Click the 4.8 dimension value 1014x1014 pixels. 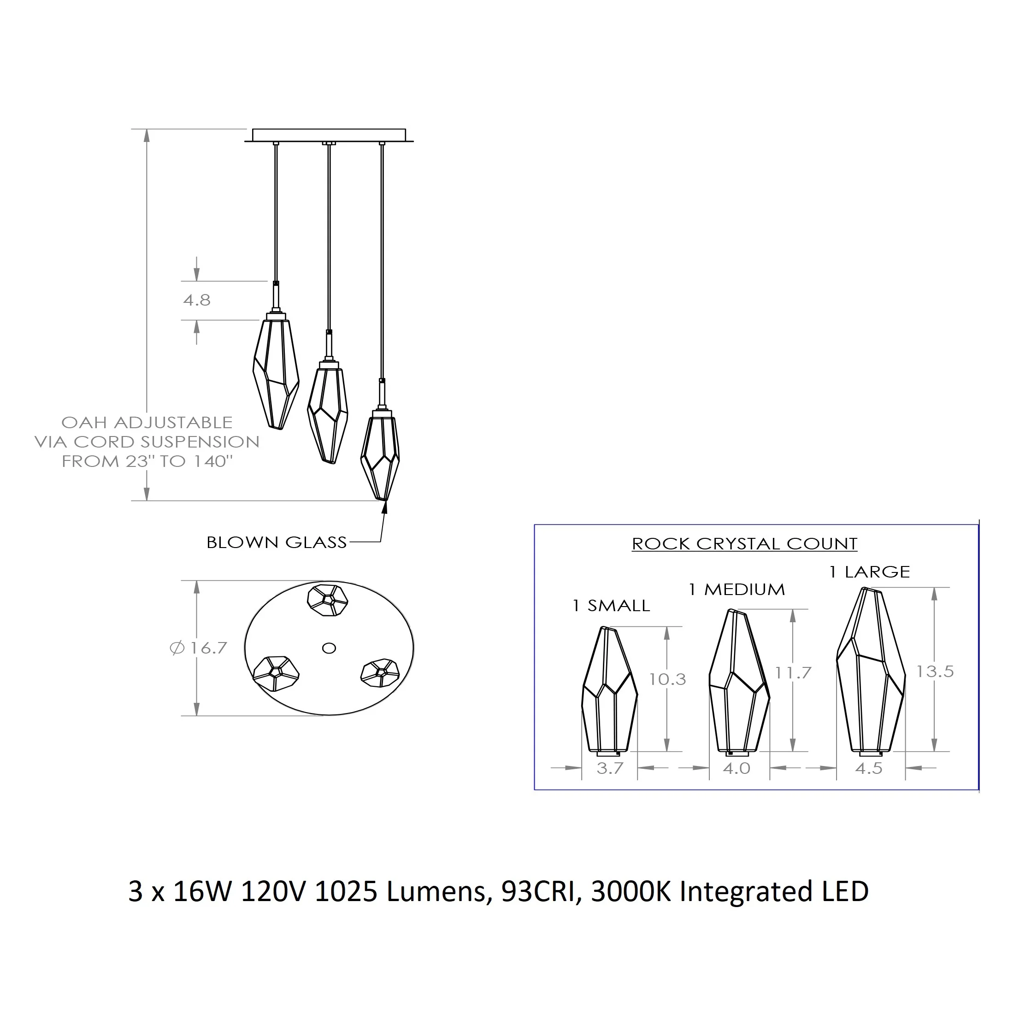pyautogui.click(x=197, y=300)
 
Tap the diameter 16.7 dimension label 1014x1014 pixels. pyautogui.click(x=198, y=648)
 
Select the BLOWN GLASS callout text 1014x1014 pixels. pyautogui.click(x=277, y=542)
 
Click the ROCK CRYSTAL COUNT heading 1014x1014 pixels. pyautogui.click(x=744, y=544)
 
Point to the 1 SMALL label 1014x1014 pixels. pyautogui.click(x=611, y=606)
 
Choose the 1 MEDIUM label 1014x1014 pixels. pyautogui.click(x=737, y=590)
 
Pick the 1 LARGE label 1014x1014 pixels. pyautogui.click(x=870, y=572)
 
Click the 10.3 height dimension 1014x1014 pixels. pyautogui.click(x=667, y=679)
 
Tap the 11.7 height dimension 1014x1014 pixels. pyautogui.click(x=793, y=672)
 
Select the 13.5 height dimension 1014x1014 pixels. pyautogui.click(x=935, y=671)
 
